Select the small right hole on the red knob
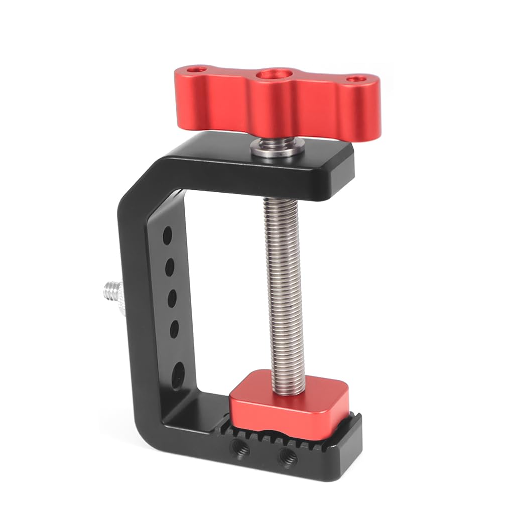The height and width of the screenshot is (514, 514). (x=356, y=79)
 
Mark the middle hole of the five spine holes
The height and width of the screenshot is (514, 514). (x=172, y=298)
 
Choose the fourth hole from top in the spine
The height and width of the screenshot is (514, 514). (x=175, y=328)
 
